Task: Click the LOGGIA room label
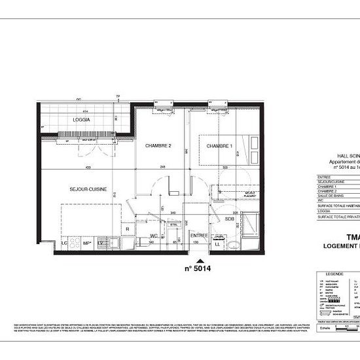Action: tap(82, 122)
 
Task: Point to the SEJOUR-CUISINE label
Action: tap(88, 189)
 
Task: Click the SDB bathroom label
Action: tap(230, 218)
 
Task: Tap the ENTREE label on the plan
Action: tap(198, 234)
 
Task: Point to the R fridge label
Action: tap(126, 228)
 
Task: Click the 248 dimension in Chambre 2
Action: tap(161, 168)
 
